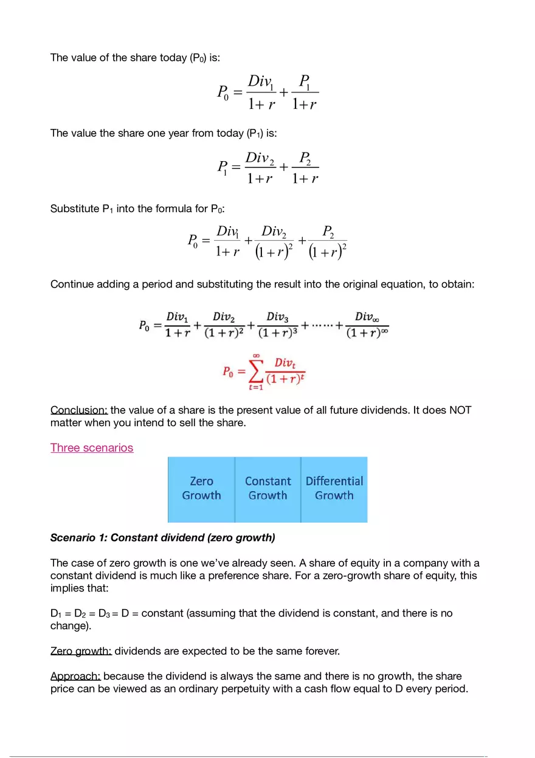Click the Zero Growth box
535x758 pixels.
click(x=201, y=489)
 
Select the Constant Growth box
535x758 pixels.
click(x=267, y=489)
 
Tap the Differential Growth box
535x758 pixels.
click(x=334, y=489)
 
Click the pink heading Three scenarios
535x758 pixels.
click(x=92, y=448)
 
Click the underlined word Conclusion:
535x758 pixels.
click(x=79, y=410)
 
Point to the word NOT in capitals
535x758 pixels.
click(x=460, y=410)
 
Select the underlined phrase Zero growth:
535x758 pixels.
click(x=81, y=651)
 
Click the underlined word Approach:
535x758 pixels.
click(x=75, y=676)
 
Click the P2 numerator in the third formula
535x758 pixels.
click(x=328, y=232)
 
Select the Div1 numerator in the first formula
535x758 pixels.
click(x=260, y=81)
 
